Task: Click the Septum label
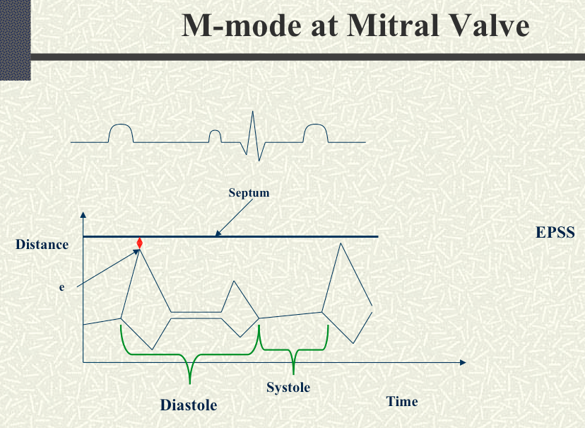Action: (249, 193)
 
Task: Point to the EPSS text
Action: (555, 232)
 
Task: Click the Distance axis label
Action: (42, 245)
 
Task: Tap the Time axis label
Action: (402, 402)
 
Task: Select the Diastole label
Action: (189, 405)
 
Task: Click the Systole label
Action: (288, 388)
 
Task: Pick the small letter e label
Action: (61, 287)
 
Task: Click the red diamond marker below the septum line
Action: (139, 243)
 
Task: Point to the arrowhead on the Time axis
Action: (463, 362)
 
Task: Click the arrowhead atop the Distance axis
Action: (83, 215)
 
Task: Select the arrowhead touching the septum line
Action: (218, 233)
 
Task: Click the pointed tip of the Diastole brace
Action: (190, 383)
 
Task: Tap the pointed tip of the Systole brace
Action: (293, 374)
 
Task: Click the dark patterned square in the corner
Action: (16, 40)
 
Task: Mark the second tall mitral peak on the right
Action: (341, 243)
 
